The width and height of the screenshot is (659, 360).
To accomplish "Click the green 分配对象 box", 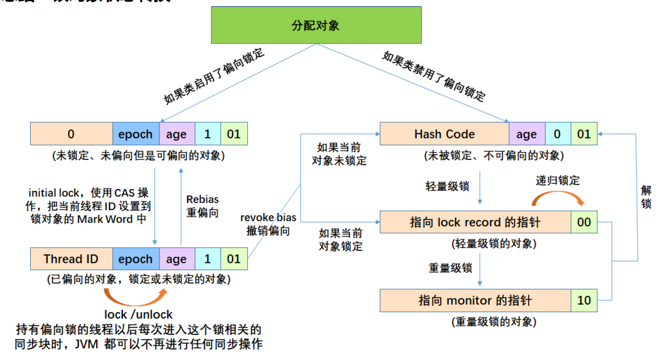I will coord(316,25).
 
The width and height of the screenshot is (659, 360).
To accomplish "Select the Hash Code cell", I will coord(444,134).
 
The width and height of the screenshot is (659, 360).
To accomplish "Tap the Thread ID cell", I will coord(71,259).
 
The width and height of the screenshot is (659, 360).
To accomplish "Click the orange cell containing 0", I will coord(71,134).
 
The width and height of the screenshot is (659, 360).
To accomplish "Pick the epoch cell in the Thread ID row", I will coord(136,259).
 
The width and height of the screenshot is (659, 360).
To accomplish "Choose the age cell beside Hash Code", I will coord(527,134).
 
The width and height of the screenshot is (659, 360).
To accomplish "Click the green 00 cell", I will coord(584,222).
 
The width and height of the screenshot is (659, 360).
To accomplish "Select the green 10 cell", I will coord(584,300).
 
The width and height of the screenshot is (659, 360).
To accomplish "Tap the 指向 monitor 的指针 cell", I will coord(475,300).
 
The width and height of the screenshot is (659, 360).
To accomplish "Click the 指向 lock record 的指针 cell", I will coord(475,222).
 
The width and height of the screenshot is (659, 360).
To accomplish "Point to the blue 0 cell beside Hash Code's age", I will coord(558,134).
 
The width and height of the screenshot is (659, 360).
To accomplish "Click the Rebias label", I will coord(203,200).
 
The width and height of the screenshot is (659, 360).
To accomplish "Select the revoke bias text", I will coord(268,218).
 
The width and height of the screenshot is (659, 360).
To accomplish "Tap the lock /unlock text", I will coord(138,314).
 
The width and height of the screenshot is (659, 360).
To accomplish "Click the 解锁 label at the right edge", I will coord(646,197).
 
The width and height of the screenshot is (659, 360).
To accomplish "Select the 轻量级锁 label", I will coord(447,186).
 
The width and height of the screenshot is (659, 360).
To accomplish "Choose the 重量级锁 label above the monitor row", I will coord(450,268).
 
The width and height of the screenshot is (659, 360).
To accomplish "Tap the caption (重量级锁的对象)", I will coord(494,322).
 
